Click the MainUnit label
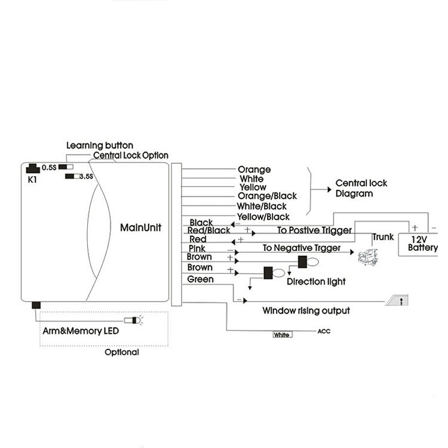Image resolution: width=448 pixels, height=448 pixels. pyautogui.click(x=140, y=228)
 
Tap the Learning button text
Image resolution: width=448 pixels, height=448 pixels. pyautogui.click(x=100, y=145)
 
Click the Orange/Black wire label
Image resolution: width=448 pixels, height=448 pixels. pyautogui.click(x=267, y=196)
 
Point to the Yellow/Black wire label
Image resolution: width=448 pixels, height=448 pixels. pyautogui.click(x=263, y=216)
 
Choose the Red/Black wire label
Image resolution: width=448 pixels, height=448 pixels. pyautogui.click(x=209, y=231)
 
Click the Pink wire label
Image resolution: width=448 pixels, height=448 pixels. pyautogui.click(x=197, y=248)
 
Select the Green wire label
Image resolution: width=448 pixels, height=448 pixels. pyautogui.click(x=200, y=279)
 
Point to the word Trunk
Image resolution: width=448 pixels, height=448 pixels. pyautogui.click(x=383, y=237)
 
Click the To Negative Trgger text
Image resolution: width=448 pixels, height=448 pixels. pyautogui.click(x=302, y=248)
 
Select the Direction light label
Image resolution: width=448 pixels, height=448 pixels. pyautogui.click(x=316, y=281)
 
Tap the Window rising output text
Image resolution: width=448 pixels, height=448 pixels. pyautogui.click(x=306, y=311)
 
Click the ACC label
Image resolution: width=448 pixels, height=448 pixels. pyautogui.click(x=324, y=332)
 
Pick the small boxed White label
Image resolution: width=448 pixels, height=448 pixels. pyautogui.click(x=282, y=335)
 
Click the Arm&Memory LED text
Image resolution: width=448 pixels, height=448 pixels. pyautogui.click(x=81, y=330)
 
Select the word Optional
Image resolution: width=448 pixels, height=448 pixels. pyautogui.click(x=122, y=352)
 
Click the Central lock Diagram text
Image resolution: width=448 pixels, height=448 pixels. pyautogui.click(x=355, y=189)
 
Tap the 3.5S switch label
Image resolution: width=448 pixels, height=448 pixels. pyautogui.click(x=86, y=176)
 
